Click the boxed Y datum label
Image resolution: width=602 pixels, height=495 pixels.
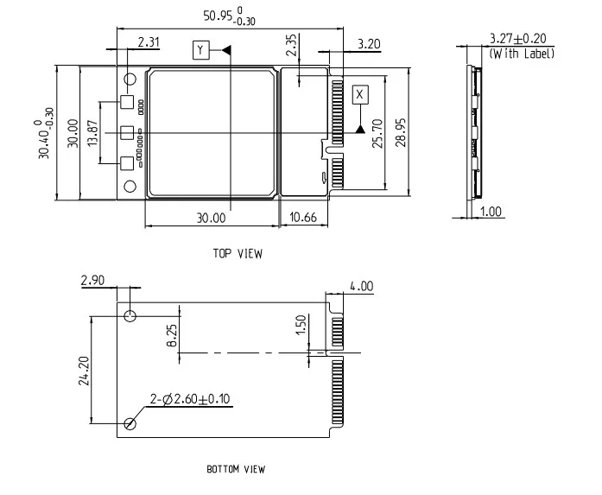201,50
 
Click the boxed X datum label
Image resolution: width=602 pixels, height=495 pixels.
360,94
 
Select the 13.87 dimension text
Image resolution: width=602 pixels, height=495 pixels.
93,133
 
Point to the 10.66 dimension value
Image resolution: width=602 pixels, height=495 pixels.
303,218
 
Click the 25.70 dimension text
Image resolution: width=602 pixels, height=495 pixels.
377,133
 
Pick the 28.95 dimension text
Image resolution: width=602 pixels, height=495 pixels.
401,132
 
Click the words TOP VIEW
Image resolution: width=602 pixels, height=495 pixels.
238,253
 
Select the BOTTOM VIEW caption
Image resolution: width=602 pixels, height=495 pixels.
236,469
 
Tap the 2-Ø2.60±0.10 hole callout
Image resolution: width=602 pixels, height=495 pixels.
190,399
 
